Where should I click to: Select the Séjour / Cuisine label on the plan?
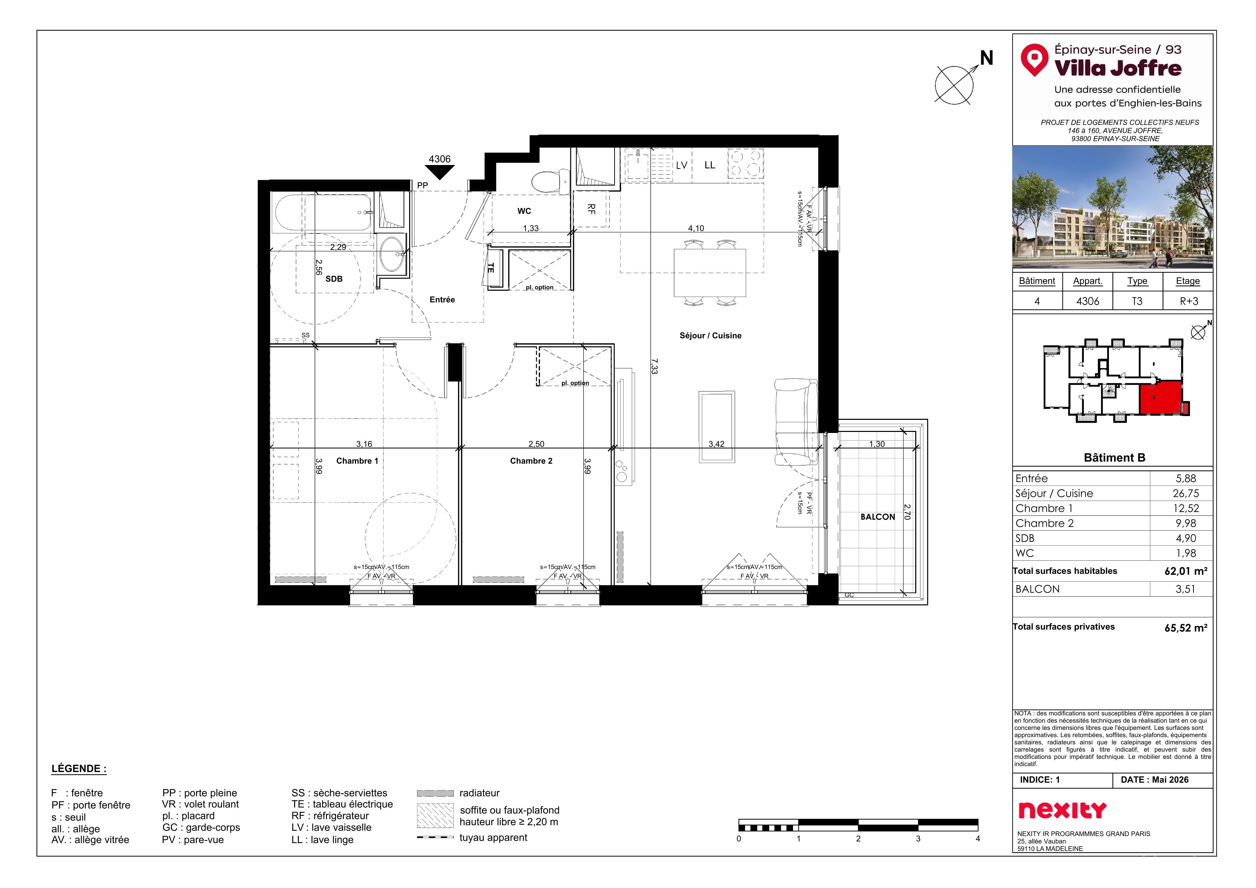point(711,336)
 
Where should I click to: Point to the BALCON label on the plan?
point(878,517)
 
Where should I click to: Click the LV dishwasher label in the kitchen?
point(682,165)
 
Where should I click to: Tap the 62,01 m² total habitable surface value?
point(1186,571)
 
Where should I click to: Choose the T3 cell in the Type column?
point(1137,301)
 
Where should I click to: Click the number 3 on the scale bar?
point(918,839)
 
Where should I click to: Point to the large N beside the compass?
point(986,58)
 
